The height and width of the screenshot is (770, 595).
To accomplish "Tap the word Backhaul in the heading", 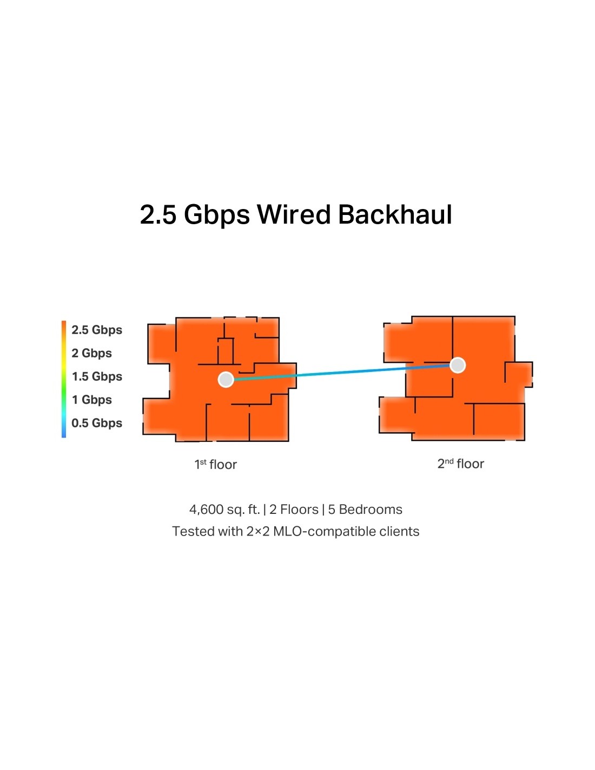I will click(395, 214).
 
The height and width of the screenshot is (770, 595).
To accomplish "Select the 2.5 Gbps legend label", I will click(97, 330).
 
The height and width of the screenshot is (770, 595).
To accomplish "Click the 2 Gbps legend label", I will click(91, 353).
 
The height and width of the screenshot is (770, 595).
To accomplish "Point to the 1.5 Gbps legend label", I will click(97, 376).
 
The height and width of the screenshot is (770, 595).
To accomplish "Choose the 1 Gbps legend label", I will click(91, 400).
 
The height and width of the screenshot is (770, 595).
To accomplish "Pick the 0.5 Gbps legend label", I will click(97, 423).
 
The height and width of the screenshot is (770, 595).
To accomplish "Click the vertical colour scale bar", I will click(64, 379).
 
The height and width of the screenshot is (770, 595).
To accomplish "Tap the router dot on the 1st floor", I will click(226, 380).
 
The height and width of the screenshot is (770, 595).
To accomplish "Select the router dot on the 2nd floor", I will click(458, 366).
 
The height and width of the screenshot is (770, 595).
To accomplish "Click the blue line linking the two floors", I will click(341, 373).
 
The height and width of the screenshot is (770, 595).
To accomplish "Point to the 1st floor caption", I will click(216, 465).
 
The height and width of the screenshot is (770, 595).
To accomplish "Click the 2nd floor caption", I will click(460, 464).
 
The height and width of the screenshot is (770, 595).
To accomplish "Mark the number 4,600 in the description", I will click(206, 510).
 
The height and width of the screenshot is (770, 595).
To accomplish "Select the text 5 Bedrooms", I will click(365, 510).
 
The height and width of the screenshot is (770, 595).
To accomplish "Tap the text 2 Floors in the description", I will click(294, 510).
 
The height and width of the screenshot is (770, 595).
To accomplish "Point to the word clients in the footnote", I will click(399, 531).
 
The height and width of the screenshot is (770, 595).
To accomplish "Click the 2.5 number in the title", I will click(158, 214).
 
